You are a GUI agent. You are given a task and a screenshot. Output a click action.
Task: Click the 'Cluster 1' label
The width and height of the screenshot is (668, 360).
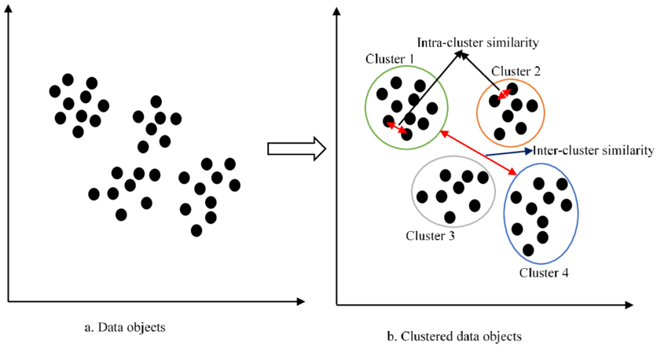click(391, 60)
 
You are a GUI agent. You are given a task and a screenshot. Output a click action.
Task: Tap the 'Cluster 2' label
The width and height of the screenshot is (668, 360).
click(516, 71)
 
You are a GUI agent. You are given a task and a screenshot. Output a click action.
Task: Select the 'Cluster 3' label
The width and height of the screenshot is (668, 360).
click(431, 235)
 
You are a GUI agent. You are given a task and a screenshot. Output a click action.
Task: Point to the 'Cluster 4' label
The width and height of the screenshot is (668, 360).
click(544, 273)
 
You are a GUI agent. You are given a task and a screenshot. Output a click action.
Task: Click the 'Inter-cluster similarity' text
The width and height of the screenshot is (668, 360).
click(593, 150)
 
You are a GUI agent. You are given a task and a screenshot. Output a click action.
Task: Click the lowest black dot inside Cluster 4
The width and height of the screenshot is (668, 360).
click(528, 250)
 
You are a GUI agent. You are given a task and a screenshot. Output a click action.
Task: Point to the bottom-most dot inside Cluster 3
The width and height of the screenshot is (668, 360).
click(450, 217)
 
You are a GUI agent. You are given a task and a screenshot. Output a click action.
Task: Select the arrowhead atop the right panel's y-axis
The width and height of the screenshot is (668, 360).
click(336, 12)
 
